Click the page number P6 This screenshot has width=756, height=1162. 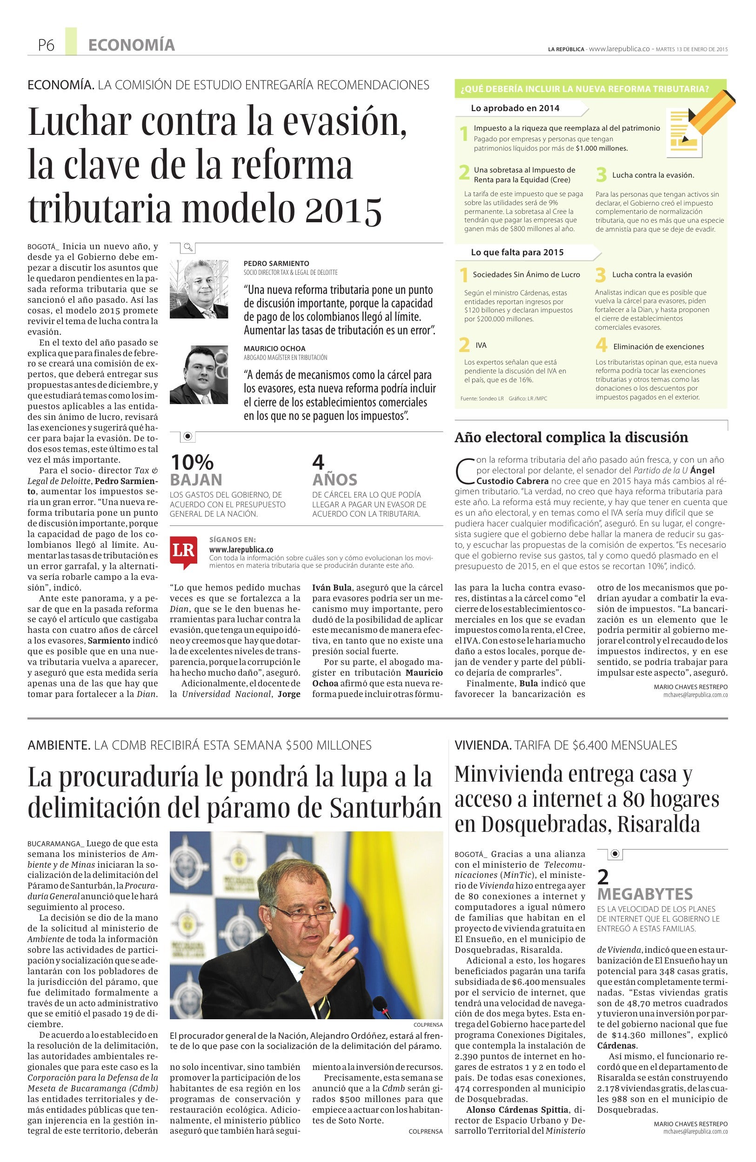(x=47, y=46)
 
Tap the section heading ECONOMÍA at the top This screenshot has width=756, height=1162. (x=131, y=46)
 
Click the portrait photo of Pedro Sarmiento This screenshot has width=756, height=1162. (x=199, y=289)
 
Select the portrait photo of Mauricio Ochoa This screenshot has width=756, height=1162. (x=199, y=374)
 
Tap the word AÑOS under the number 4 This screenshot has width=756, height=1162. (x=335, y=479)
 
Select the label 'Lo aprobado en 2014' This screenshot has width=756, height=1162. (x=515, y=108)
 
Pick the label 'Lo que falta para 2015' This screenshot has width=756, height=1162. (x=517, y=252)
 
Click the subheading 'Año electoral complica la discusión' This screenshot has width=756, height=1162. (x=571, y=438)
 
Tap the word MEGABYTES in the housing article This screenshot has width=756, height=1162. (x=645, y=894)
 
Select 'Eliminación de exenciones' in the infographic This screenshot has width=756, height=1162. (x=658, y=347)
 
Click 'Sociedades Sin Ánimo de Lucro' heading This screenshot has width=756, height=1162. (x=526, y=275)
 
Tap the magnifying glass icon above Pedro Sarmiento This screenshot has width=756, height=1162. (x=188, y=247)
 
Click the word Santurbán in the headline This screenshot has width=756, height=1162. (x=385, y=809)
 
